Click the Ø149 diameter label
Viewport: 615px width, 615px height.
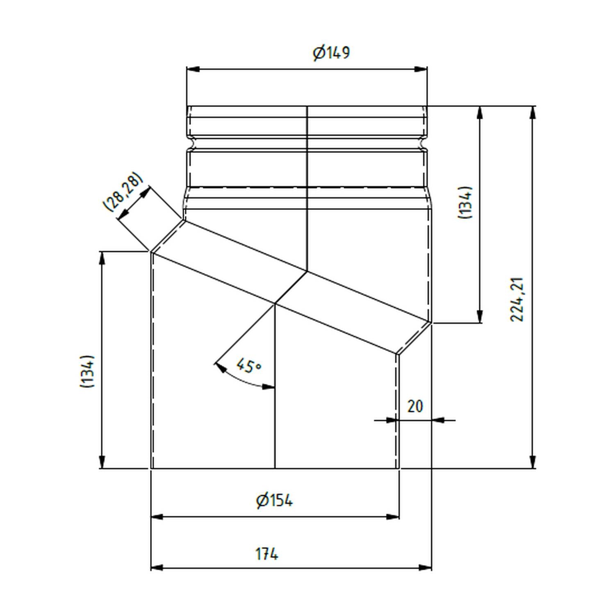click(331, 53)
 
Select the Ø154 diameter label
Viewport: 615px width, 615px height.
click(274, 501)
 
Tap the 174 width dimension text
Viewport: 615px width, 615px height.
click(267, 554)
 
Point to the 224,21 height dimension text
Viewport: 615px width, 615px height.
click(518, 299)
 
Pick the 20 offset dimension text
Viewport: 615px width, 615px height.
click(415, 406)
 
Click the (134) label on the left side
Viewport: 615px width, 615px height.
click(87, 371)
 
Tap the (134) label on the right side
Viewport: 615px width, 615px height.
click(465, 203)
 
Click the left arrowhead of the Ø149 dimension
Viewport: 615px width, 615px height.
click(193, 69)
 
